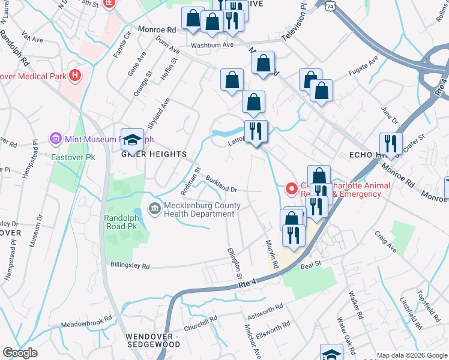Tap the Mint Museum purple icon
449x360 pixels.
point(56,139)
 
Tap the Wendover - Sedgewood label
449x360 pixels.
point(152,340)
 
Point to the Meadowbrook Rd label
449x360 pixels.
point(86,319)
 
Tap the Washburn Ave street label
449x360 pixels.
point(212,45)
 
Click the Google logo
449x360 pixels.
point(20,352)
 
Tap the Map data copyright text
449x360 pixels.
point(412,355)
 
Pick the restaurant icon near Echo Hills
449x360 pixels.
point(391,144)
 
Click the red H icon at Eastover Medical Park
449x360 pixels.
point(75,76)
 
